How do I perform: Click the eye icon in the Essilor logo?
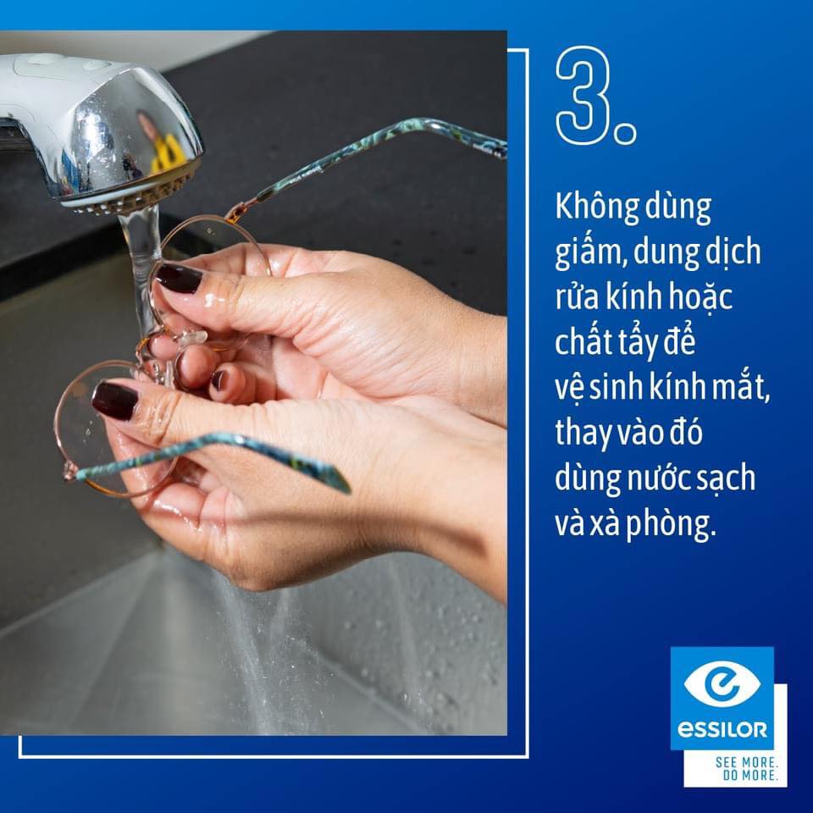pyautogui.click(x=722, y=683)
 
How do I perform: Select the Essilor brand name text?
pyautogui.click(x=722, y=730)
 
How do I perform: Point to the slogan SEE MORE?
pyautogui.click(x=747, y=763)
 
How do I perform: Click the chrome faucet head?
pyautogui.click(x=103, y=130)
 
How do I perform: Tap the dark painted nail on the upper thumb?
pyautogui.click(x=179, y=279)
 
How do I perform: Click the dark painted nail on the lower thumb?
pyautogui.click(x=114, y=401)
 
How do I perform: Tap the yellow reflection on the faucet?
pyautogui.click(x=166, y=154)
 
